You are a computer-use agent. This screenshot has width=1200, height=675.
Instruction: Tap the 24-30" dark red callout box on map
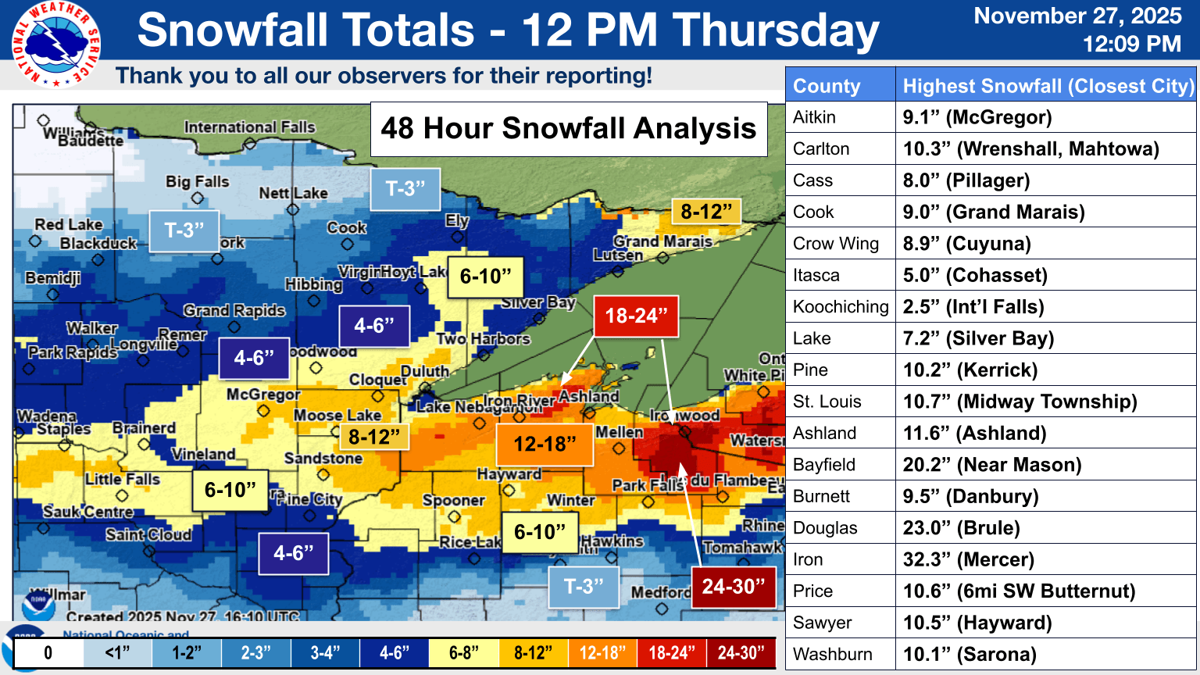[x=733, y=587]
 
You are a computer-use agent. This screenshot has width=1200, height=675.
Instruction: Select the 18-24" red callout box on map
[x=636, y=316]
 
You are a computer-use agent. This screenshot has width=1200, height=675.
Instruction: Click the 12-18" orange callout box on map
[x=544, y=445]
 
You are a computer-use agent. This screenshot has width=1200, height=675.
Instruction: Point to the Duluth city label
[x=425, y=371]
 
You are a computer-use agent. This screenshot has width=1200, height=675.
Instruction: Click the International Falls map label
[x=249, y=127]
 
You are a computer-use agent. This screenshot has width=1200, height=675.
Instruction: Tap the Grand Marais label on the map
[x=662, y=241]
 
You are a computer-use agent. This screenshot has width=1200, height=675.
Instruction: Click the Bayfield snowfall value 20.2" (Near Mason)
[x=992, y=465]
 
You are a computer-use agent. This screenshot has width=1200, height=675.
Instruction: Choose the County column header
[x=827, y=86]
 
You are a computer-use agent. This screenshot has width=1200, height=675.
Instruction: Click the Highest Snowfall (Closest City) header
[x=1048, y=86]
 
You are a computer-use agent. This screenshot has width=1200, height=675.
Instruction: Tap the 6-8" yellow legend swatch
[x=463, y=653]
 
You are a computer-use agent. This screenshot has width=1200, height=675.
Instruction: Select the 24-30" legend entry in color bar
[x=741, y=653]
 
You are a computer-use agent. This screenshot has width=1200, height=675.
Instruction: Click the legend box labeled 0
[x=48, y=653]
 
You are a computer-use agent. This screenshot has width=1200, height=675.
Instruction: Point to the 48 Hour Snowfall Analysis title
[x=568, y=128]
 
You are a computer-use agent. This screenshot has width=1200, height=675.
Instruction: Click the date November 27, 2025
[x=1077, y=16]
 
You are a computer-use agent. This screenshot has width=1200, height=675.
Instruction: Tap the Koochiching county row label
[x=841, y=307]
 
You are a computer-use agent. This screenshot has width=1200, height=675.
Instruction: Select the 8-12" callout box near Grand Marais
[x=706, y=212]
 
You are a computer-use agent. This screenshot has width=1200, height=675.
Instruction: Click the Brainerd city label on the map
[x=144, y=428]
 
